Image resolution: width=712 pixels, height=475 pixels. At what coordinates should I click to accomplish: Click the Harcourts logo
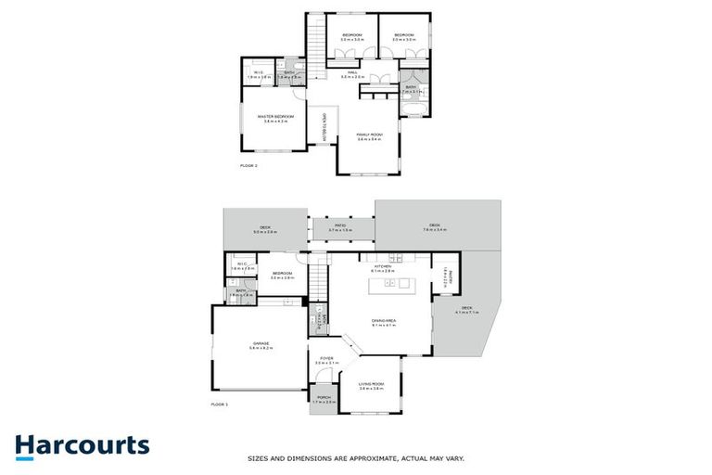83,445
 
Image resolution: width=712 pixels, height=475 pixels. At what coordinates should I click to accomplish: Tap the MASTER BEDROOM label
277,117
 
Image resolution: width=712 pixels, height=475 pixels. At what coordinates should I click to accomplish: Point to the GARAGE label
260,345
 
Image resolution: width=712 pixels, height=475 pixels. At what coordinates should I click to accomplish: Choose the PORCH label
323,400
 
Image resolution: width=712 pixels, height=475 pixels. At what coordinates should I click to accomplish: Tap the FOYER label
326,359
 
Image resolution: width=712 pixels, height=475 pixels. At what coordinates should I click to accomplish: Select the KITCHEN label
384,265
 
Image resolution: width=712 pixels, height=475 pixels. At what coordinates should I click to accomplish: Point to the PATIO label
341,225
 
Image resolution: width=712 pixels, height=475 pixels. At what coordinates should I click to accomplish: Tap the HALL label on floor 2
352,73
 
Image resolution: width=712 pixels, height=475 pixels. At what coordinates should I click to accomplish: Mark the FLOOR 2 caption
248,165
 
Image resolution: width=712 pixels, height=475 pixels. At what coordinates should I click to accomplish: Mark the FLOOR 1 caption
219,404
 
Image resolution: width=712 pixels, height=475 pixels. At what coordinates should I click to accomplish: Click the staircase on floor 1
319,276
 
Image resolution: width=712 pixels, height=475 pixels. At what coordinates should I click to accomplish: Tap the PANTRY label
446,275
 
